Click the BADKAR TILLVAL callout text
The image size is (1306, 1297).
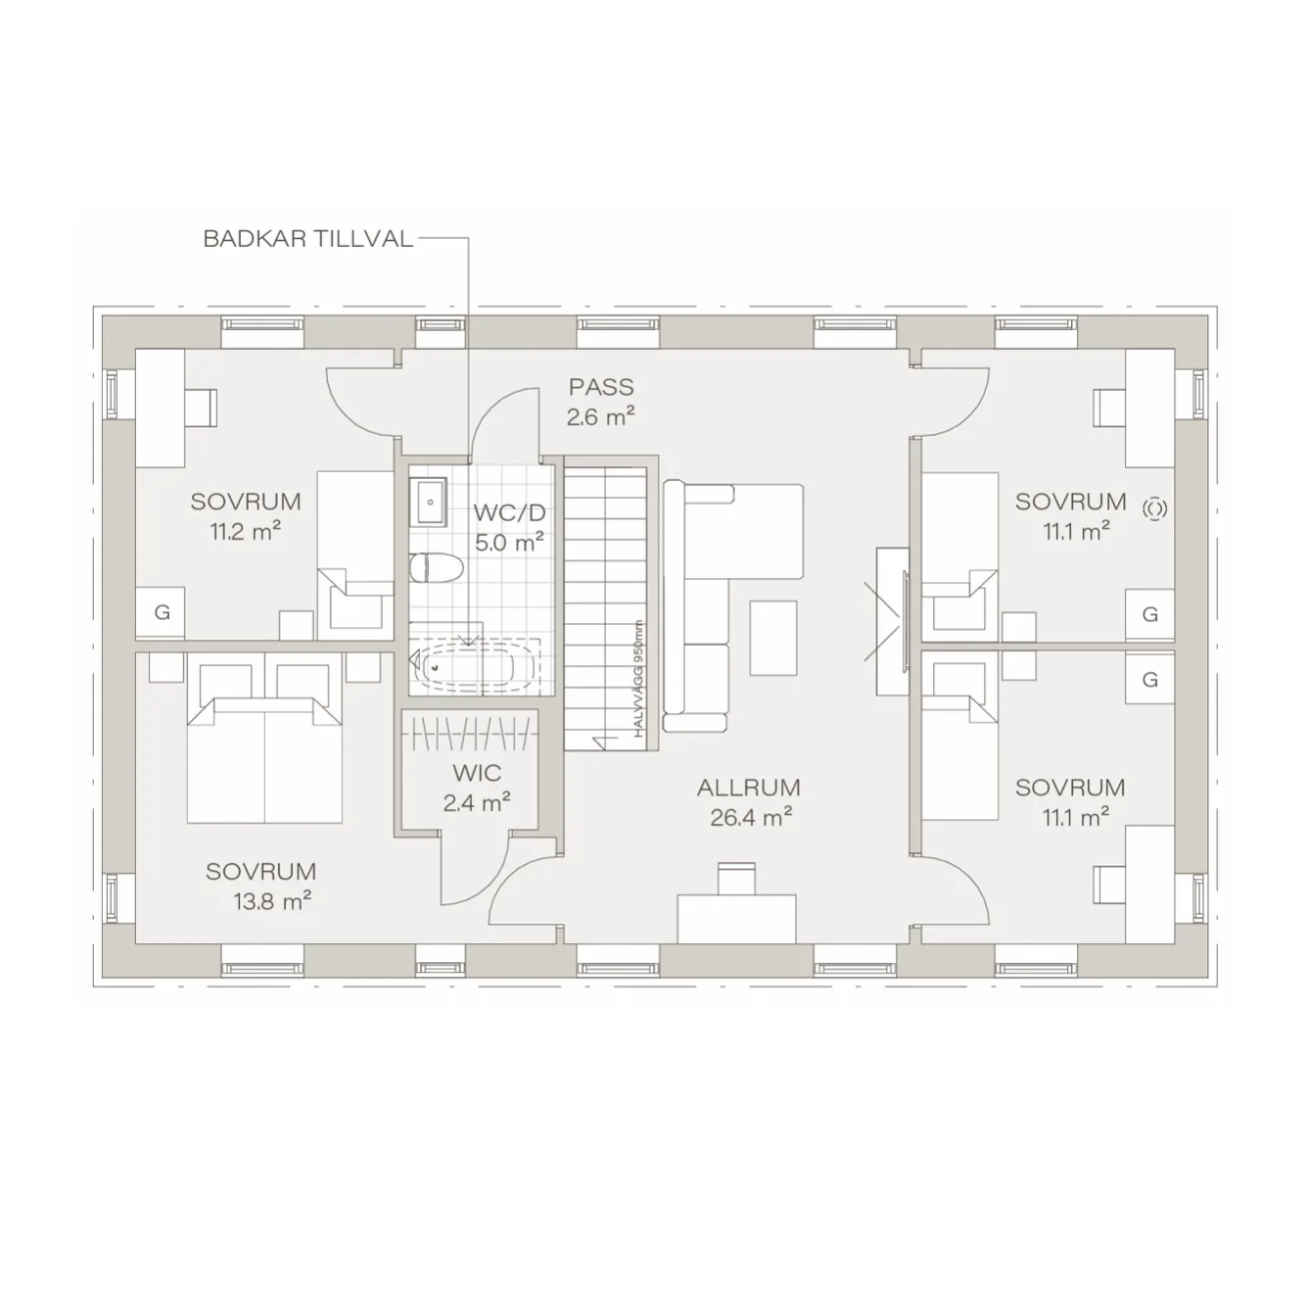(x=307, y=239)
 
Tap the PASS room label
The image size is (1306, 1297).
(x=601, y=388)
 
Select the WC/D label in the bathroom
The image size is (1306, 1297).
(x=508, y=512)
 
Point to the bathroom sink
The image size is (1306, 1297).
(x=429, y=503)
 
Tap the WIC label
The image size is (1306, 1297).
(x=477, y=773)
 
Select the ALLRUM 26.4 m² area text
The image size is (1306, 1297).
(x=749, y=802)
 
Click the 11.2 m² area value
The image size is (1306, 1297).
(x=245, y=532)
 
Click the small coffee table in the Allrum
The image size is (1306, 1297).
(x=772, y=638)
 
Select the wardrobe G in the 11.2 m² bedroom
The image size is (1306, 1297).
(x=162, y=613)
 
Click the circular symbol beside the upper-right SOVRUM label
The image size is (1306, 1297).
(x=1155, y=508)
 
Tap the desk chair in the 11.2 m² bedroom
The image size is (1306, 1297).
(x=200, y=408)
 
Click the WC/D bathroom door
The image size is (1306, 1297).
(x=507, y=421)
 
